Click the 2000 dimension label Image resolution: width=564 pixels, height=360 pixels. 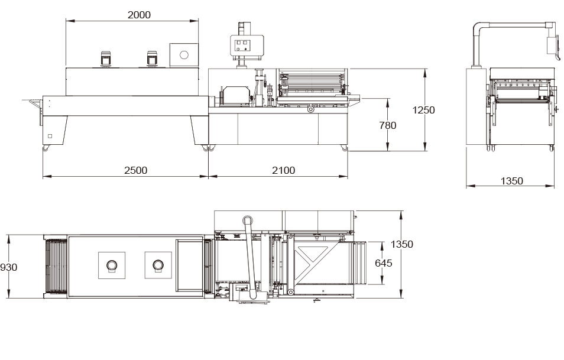tap(139, 15)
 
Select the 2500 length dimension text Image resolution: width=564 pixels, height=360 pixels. tap(135, 170)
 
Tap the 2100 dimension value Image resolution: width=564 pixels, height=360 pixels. tap(283, 170)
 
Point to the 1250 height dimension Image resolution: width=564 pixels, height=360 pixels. tap(423, 110)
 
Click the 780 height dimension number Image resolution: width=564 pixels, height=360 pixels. tap(388, 125)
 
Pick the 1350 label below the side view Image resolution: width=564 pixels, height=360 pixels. tap(511, 181)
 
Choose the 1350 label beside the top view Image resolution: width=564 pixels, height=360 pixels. tap(402, 244)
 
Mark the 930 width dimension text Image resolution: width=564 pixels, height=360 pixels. tap(9, 267)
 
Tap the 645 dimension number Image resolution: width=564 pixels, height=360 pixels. tap(384, 263)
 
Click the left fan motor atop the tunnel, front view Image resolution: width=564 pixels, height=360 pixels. tap(106, 59)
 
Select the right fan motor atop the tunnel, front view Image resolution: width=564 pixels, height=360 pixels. tap(151, 59)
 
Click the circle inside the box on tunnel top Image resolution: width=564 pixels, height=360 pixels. tap(184, 55)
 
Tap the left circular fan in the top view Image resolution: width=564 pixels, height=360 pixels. tap(111, 265)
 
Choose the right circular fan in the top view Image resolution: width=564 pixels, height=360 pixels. tap(158, 265)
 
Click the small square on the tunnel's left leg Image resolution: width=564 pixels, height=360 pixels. tap(50, 137)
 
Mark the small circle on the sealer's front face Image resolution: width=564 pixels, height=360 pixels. tap(310, 110)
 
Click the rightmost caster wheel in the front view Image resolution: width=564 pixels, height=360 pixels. tap(345, 148)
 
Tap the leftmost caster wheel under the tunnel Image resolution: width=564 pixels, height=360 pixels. tap(46, 148)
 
